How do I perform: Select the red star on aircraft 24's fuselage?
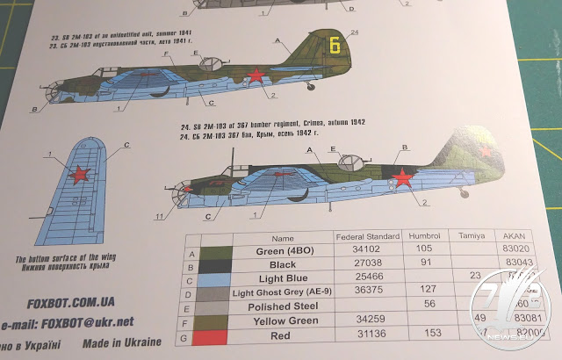(403, 179)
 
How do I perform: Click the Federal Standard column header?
(367, 237)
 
